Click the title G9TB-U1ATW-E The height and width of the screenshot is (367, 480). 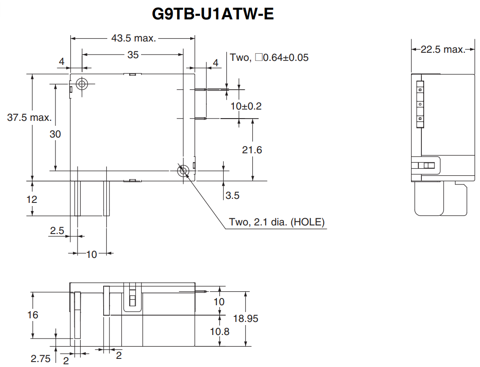click(213, 14)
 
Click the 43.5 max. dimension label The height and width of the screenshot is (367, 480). click(133, 38)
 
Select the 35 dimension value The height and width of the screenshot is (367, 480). click(133, 55)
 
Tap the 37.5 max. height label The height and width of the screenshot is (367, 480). click(29, 118)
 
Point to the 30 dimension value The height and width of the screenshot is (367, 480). click(55, 134)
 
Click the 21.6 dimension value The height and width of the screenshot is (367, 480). click(251, 150)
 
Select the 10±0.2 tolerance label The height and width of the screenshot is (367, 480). click(246, 106)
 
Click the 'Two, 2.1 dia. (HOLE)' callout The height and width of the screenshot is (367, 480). click(277, 222)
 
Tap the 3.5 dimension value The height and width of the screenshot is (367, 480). click(233, 195)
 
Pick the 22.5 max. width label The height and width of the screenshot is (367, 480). click(443, 50)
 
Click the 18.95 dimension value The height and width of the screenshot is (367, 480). click(246, 318)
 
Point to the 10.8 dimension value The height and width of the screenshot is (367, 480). click(219, 331)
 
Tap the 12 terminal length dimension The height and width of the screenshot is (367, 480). click(32, 199)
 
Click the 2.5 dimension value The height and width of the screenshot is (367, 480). click(57, 230)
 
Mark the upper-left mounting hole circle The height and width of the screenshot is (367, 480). click(82, 84)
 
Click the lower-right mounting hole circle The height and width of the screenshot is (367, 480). click(183, 170)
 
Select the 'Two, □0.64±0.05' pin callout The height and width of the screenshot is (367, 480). click(269, 58)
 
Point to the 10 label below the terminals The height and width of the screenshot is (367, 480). click(91, 254)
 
